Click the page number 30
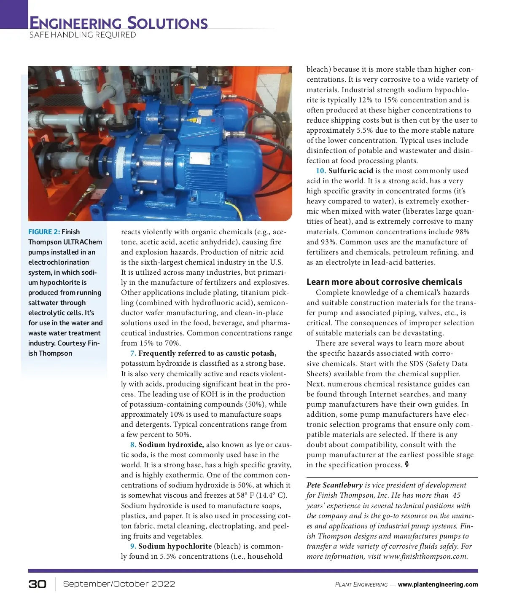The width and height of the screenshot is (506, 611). tap(38, 584)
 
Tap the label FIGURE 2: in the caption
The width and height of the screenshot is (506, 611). tap(44, 232)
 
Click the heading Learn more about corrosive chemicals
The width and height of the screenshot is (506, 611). tap(384, 282)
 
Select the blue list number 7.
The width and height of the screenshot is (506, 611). tap(133, 353)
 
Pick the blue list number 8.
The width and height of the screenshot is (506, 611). tap(133, 445)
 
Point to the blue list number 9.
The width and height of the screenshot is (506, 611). tap(133, 546)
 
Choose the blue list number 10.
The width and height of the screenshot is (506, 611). tap(320, 171)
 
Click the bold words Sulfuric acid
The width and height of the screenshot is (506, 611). tap(350, 171)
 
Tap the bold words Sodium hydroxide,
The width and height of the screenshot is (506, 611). tap(171, 445)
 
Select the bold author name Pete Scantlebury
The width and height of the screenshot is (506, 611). tap(334, 485)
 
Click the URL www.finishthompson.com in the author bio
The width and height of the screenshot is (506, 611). tap(425, 556)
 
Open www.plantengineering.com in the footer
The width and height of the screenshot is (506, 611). tap(438, 584)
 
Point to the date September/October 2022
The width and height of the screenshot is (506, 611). tap(119, 584)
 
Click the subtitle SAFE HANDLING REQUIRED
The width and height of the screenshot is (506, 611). tap(83, 35)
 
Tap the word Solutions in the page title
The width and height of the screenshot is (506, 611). tap(167, 23)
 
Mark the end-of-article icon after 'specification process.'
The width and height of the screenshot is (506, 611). tap(407, 465)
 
